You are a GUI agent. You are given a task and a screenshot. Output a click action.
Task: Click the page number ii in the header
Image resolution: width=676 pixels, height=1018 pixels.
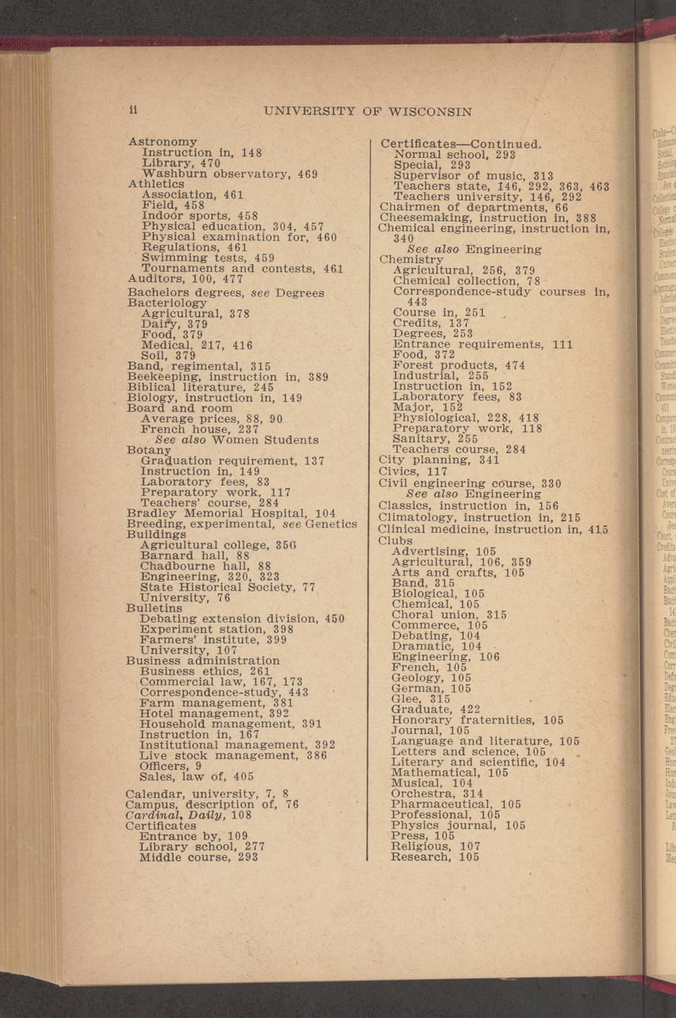pyautogui.click(x=134, y=110)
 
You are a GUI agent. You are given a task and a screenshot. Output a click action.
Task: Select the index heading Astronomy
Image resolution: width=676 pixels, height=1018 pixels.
pyautogui.click(x=163, y=141)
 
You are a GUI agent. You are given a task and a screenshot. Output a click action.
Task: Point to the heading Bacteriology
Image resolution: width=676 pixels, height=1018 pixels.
pyautogui.click(x=168, y=302)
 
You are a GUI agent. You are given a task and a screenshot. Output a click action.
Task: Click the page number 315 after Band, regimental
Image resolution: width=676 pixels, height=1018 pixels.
pyautogui.click(x=260, y=366)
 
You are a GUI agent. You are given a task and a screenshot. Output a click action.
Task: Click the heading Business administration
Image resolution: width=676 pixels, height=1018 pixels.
pyautogui.click(x=202, y=661)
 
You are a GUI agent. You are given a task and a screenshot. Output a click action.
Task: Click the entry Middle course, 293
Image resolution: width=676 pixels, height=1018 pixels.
pyautogui.click(x=198, y=857)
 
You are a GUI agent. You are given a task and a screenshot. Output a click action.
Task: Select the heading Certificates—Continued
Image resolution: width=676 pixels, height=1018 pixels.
pyautogui.click(x=461, y=143)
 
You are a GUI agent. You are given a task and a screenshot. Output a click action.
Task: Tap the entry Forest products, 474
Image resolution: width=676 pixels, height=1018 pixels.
pyautogui.click(x=458, y=365)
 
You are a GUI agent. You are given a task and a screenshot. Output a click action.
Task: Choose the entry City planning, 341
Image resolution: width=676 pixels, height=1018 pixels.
pyautogui.click(x=438, y=460)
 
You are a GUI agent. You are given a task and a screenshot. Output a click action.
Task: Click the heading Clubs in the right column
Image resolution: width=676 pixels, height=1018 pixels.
pyautogui.click(x=396, y=540)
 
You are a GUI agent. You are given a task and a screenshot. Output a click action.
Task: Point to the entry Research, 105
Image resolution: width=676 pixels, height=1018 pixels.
pyautogui.click(x=435, y=856)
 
